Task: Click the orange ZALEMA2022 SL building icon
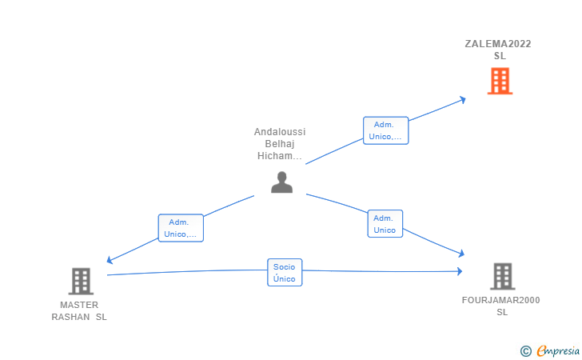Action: [x=500, y=81]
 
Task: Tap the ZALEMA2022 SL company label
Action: [x=498, y=50]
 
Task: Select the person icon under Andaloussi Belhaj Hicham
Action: [x=281, y=182]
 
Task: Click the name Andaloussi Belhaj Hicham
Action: [x=280, y=144]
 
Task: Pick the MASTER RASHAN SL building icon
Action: [x=81, y=282]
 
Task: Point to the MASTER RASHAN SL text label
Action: [x=79, y=311]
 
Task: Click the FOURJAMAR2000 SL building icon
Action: [x=503, y=277]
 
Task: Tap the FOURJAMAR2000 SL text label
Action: [x=500, y=306]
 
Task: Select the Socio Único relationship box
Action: [x=285, y=272]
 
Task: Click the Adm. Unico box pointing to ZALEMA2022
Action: [x=385, y=130]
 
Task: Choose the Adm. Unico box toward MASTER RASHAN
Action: [x=181, y=228]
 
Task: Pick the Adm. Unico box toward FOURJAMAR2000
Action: [x=385, y=224]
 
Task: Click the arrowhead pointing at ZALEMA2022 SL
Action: [x=463, y=99]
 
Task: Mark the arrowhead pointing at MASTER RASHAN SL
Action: [x=110, y=260]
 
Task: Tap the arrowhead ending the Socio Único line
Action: [x=460, y=271]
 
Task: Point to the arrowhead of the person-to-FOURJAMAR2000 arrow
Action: [x=462, y=254]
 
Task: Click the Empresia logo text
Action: [x=558, y=350]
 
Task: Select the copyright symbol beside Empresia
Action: [x=525, y=351]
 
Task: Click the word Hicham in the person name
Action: [x=280, y=156]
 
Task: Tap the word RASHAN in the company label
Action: [x=70, y=317]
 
